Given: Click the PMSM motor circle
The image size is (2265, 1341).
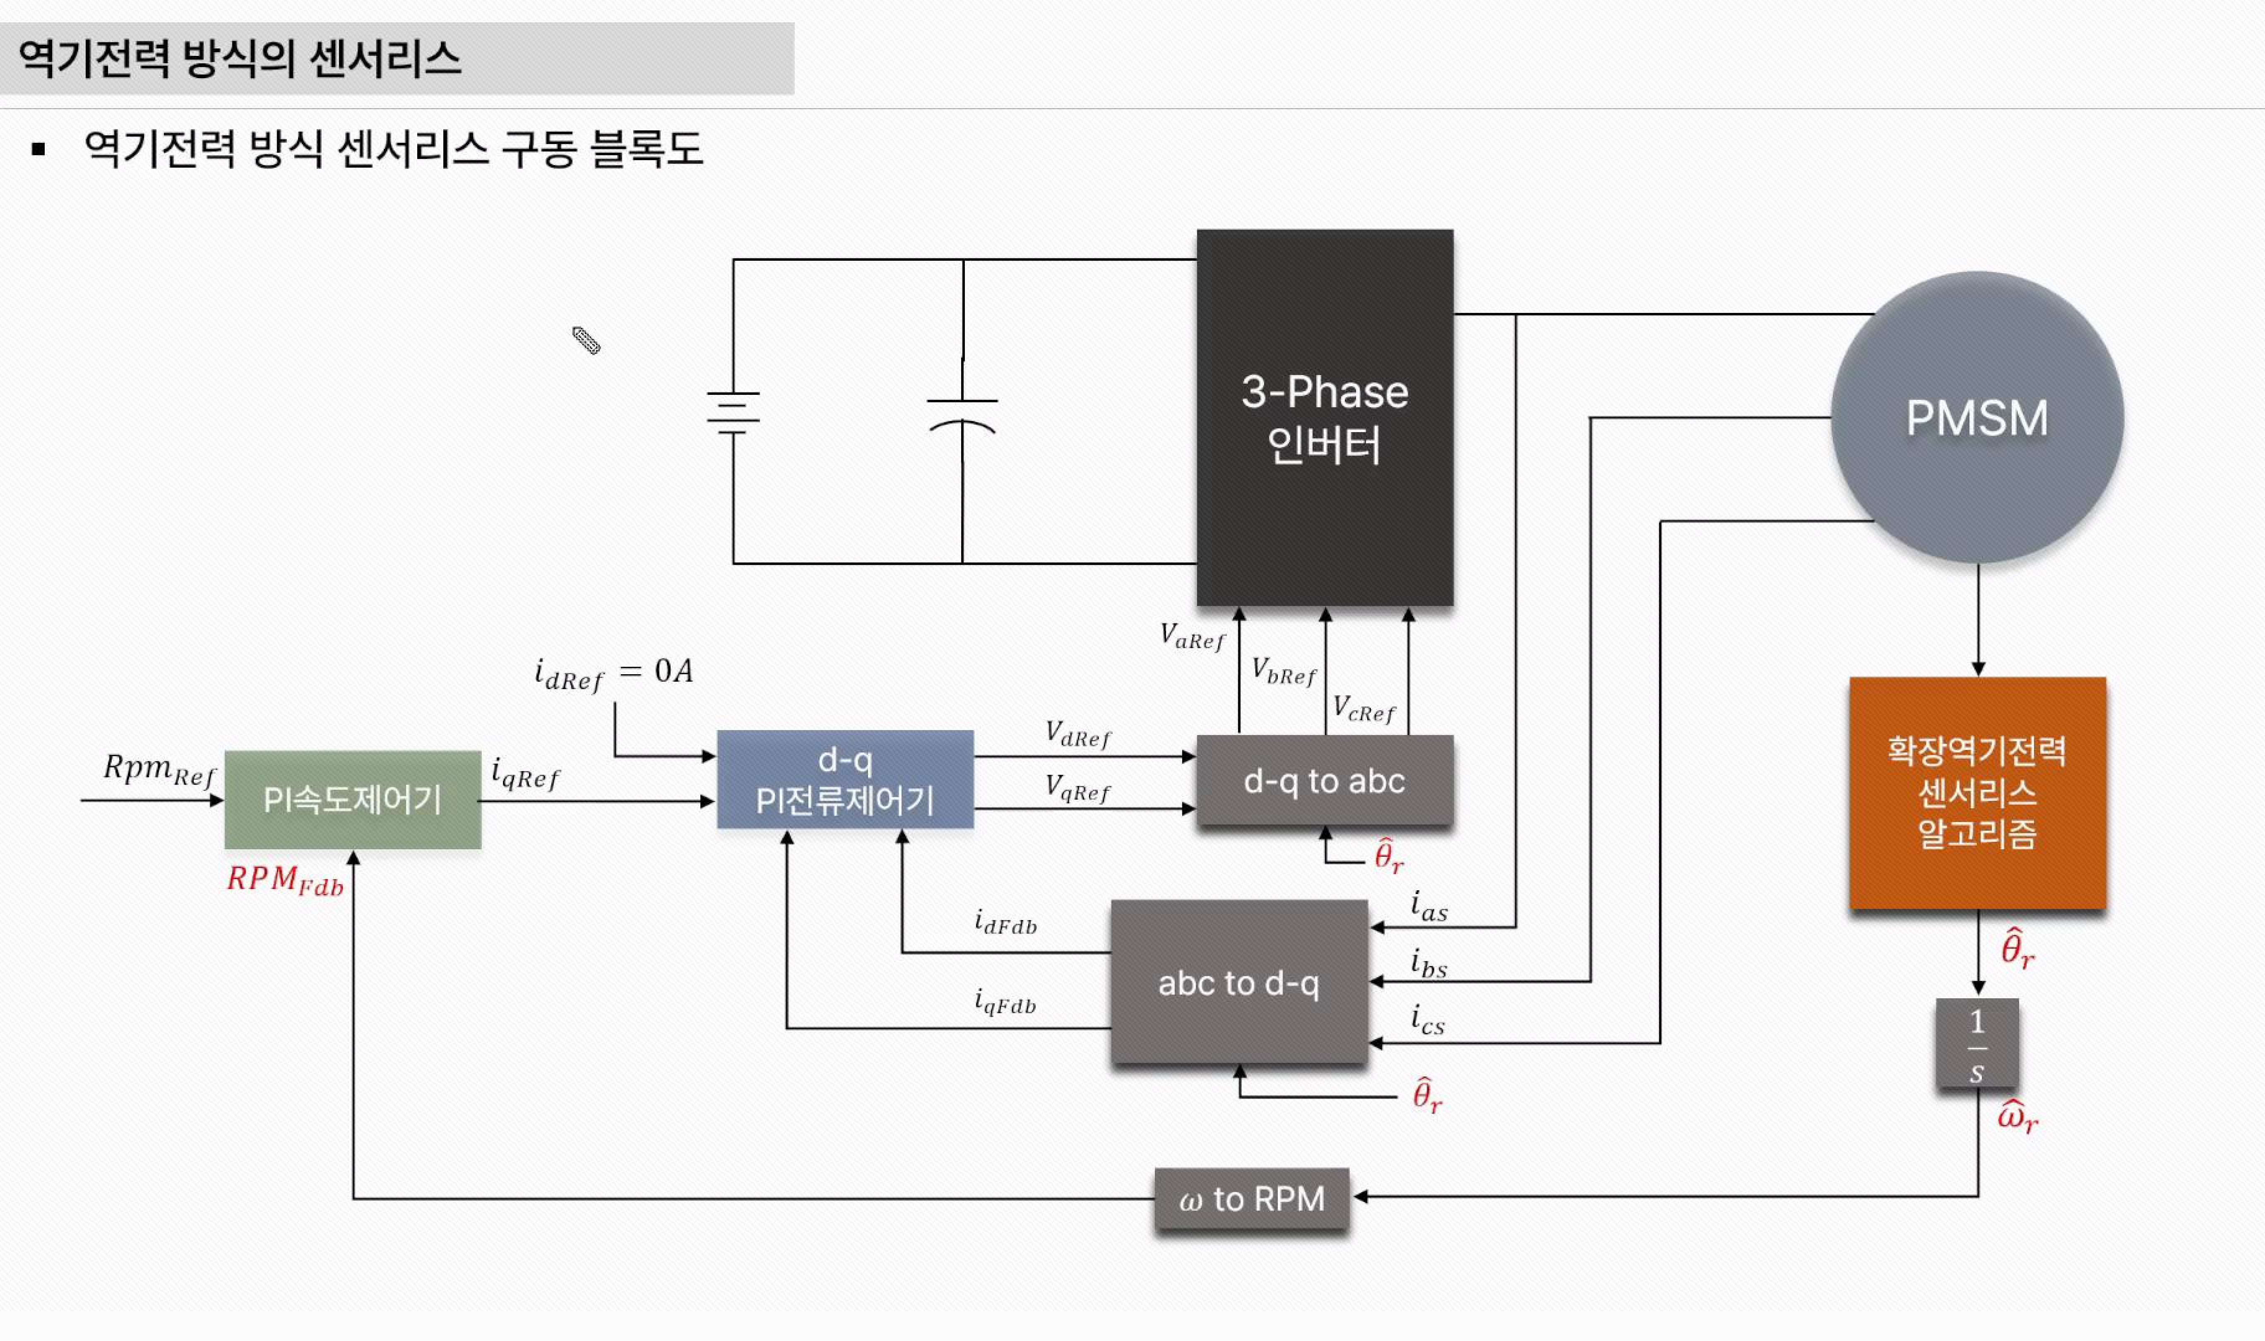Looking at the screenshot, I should pyautogui.click(x=1977, y=418).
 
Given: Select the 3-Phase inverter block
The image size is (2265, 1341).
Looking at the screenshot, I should pyautogui.click(x=1325, y=418).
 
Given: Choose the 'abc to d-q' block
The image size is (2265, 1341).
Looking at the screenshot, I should pyautogui.click(x=1238, y=982).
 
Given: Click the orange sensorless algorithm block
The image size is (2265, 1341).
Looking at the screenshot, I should pyautogui.click(x=1977, y=793).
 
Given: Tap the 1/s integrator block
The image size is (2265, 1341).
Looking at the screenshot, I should pyautogui.click(x=1977, y=1044).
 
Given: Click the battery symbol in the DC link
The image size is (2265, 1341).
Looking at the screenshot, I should pyautogui.click(x=733, y=413).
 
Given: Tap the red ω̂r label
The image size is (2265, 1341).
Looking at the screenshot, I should pyautogui.click(x=2017, y=1118).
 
